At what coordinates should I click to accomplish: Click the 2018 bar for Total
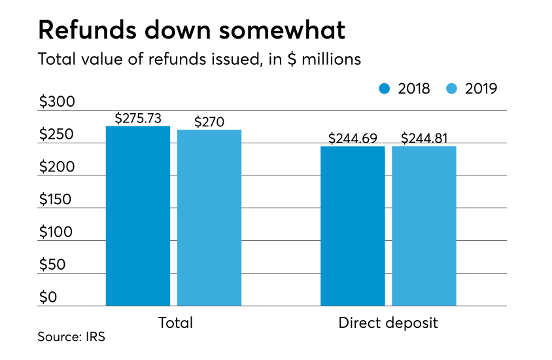137,216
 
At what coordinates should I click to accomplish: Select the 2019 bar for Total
209,218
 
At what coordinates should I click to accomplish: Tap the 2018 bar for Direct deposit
353,226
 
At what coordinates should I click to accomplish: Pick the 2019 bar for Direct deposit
424,226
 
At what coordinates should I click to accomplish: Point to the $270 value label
209,122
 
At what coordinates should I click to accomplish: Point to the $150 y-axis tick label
57,200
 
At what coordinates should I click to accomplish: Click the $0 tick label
48,298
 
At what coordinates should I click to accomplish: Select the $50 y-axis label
53,265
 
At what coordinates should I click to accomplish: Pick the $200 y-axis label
57,167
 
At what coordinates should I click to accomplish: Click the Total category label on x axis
175,323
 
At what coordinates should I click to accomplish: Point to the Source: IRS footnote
71,338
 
